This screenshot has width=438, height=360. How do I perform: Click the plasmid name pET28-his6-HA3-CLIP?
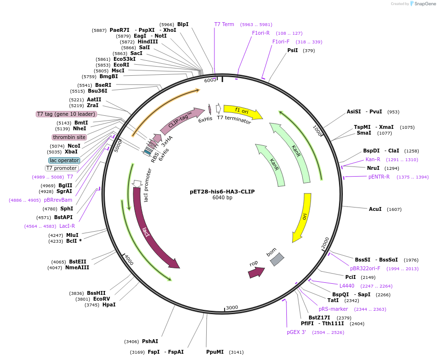coord(222,192)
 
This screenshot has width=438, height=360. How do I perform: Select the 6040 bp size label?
coord(222,198)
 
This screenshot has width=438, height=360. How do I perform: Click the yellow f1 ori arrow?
coord(241,111)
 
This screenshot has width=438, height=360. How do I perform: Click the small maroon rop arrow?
coord(256,273)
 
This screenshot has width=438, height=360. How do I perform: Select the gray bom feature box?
coord(277,260)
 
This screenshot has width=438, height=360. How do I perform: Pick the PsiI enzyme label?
coord(293,50)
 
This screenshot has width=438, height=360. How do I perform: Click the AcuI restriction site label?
coord(375,209)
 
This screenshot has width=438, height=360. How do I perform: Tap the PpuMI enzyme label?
coord(215,352)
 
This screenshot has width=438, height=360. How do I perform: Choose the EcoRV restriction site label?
coord(102,299)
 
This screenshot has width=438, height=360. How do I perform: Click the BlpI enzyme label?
coord(183,24)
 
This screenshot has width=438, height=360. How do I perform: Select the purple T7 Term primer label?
coord(224,24)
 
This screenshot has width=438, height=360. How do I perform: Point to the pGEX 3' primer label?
coord(297,332)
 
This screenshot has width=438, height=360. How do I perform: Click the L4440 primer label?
coord(347,286)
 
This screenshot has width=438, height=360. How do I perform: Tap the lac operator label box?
coord(64,160)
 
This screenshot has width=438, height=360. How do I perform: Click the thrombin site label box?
coord(70,137)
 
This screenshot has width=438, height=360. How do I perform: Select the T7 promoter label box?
coord(62,168)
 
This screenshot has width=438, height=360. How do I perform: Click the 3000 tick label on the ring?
coord(232,307)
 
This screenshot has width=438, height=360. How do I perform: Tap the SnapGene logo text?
coord(425,4)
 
